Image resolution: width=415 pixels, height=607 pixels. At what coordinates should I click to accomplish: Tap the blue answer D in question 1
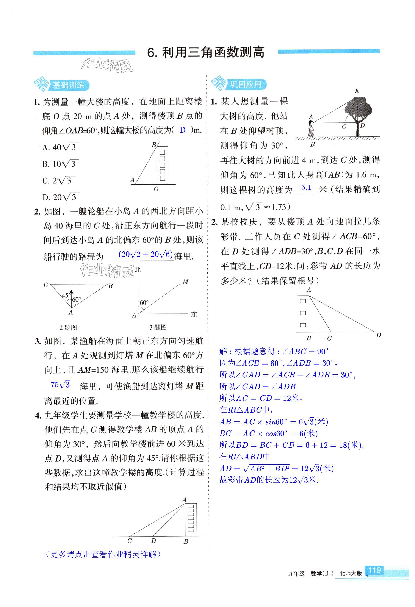pos(183,130)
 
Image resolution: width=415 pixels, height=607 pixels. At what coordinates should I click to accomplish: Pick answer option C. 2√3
pos(58,180)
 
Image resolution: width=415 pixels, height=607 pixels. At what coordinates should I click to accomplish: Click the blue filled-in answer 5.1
pos(306,187)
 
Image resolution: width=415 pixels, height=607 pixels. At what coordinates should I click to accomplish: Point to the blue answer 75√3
pos(60,385)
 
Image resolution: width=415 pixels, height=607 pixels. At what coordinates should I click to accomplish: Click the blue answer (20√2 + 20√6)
pos(146,254)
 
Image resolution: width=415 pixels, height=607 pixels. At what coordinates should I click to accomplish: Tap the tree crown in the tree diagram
pos(358,107)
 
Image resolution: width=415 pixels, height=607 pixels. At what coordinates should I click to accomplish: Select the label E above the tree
pos(357,91)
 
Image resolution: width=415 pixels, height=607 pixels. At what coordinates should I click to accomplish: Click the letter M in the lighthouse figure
pos(185,282)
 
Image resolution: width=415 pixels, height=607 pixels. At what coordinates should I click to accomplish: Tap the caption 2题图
pos(68,327)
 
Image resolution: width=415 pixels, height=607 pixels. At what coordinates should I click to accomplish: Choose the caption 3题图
pos(158,327)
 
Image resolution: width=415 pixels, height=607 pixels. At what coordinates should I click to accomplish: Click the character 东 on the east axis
pos(194,314)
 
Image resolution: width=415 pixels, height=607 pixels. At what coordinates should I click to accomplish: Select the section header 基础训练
pos(68,85)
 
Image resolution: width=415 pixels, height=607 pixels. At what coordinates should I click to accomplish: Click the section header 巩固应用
pos(245,84)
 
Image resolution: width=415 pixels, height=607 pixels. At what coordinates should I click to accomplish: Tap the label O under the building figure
pos(156,189)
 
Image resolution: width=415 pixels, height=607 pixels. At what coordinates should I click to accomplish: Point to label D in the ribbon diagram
pos(378,335)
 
